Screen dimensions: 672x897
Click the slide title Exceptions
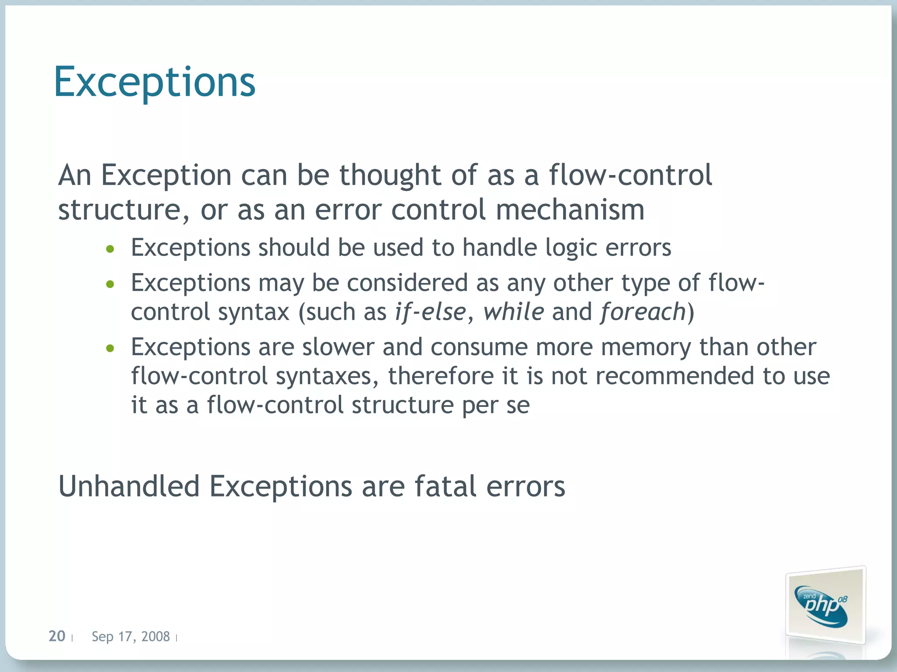coord(154,82)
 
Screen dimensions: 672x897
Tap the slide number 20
coord(57,636)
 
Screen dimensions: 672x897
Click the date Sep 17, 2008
coord(131,637)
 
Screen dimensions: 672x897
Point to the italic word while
coord(513,312)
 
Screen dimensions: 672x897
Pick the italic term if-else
coord(430,312)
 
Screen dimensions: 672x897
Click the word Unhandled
coord(129,486)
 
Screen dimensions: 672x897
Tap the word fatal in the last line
coord(445,486)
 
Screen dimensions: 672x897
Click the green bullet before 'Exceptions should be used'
coord(110,249)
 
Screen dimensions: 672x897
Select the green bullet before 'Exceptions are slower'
coord(110,349)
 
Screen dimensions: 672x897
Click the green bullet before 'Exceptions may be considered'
coord(110,284)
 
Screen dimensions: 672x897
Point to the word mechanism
coord(570,210)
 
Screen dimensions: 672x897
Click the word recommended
coord(675,376)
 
